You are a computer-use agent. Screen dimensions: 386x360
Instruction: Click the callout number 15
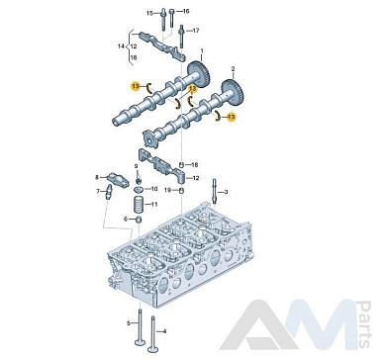coord(149,13)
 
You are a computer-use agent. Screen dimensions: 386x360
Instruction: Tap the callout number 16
coord(186,12)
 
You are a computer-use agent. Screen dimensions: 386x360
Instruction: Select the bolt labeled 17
coord(181,37)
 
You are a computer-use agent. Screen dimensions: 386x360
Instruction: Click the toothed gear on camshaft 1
coord(199,74)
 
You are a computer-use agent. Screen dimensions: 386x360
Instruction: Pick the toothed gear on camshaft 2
coord(233,93)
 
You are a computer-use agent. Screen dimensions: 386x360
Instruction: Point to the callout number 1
coord(202,51)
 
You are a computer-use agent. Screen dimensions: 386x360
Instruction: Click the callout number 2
coord(233,69)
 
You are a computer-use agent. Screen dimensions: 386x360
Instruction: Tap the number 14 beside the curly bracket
coord(121,46)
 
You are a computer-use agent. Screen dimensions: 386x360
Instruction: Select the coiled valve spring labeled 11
coord(138,205)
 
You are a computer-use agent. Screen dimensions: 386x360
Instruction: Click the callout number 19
coord(167,190)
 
